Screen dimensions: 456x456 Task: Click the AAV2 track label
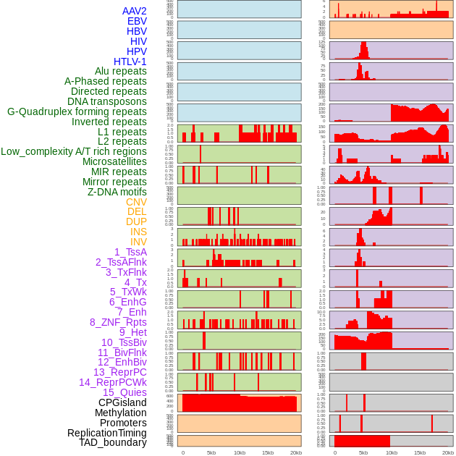point(135,11)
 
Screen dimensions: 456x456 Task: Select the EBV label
point(137,21)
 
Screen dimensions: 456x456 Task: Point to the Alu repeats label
point(121,71)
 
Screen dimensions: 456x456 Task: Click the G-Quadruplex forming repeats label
point(77,111)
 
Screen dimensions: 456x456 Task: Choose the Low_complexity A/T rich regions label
point(74,151)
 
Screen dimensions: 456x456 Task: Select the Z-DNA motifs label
point(117,192)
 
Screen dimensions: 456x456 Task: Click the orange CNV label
point(136,202)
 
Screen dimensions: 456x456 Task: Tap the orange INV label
point(138,242)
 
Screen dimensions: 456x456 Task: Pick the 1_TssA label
point(130,252)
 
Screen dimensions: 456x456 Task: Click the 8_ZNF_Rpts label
point(118,322)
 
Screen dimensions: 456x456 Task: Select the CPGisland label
point(122,402)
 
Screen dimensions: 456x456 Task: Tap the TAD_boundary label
point(113,442)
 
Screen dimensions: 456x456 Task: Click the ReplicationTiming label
point(107,433)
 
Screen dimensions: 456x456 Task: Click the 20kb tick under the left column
point(295,452)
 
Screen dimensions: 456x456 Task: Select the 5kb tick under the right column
point(363,452)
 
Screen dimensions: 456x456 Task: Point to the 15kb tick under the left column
point(267,452)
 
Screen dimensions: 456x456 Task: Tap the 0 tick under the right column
point(335,452)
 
